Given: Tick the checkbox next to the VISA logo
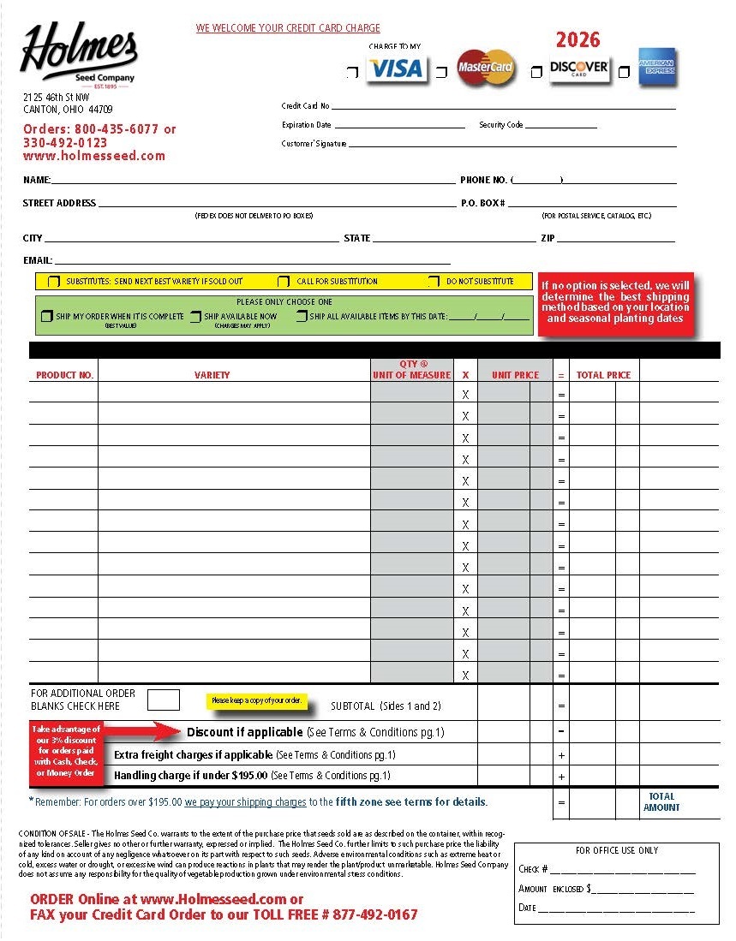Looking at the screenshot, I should coord(352,74).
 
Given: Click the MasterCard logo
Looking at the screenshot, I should coord(486,68).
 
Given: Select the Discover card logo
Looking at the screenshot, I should coord(579,68).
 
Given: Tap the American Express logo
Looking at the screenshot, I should coord(657,68).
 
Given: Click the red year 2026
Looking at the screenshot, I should coord(577,39).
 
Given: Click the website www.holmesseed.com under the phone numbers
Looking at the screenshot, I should coord(93,156).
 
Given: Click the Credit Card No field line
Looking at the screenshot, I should coord(503,107).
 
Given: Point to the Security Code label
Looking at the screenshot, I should coord(500,125).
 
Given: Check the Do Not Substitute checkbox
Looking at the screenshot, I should coord(434,282).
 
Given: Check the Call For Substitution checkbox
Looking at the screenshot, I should coord(284,282).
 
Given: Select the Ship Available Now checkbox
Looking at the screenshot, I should coord(196,317).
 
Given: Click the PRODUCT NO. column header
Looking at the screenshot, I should coord(64,375).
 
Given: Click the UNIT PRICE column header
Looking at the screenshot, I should coord(515,375).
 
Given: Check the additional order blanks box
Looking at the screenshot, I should coord(164,700).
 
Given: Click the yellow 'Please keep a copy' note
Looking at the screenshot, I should coord(256,700).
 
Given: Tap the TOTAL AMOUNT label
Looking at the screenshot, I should coord(661,802).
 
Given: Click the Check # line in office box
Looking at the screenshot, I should coord(621,870).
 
